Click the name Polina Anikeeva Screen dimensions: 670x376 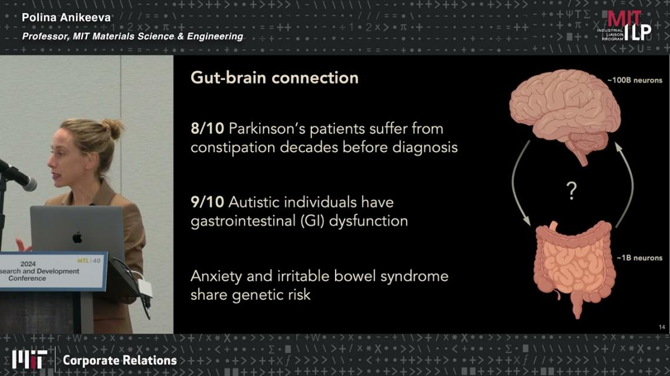pyautogui.click(x=66, y=18)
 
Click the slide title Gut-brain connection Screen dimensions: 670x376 pyautogui.click(x=274, y=78)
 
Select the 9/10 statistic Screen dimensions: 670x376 pyautogui.click(x=207, y=202)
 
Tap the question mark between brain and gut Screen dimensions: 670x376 pyautogui.click(x=571, y=190)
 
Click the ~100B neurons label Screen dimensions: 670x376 pyautogui.click(x=635, y=80)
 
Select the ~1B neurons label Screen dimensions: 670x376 pyautogui.click(x=639, y=258)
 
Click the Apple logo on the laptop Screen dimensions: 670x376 pyautogui.click(x=78, y=237)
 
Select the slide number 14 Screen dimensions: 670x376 pyautogui.click(x=662, y=327)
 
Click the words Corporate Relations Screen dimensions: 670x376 pyautogui.click(x=120, y=360)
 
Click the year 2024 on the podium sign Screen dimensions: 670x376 pyautogui.click(x=28, y=264)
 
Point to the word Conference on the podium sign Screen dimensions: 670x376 pyautogui.click(x=27, y=278)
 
